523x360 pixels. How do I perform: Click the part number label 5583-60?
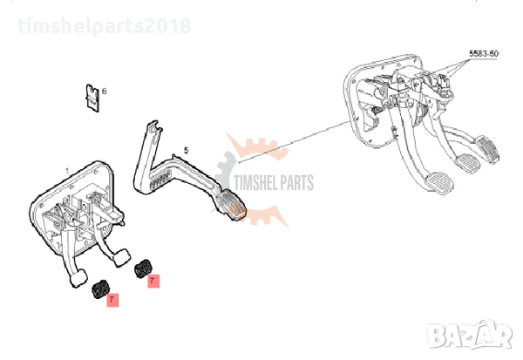point(484,53)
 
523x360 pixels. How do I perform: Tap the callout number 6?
point(105,91)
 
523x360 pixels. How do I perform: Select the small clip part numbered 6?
point(92,98)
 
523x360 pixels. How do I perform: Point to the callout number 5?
point(187,151)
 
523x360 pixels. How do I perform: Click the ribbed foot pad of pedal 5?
point(232,205)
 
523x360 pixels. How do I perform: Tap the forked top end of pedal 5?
point(153,128)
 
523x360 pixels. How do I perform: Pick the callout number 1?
point(67,172)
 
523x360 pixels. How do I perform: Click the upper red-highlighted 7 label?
point(153,282)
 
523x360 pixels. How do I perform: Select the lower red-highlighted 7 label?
point(112,300)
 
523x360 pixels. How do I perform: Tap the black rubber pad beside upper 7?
point(143,268)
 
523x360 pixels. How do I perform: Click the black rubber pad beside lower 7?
point(101,290)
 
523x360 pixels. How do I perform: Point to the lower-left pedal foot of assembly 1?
point(78,277)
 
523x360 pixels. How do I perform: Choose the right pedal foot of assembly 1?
point(119,258)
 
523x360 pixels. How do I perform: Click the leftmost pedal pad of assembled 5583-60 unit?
point(438,182)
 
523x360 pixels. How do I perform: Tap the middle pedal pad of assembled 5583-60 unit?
point(467,163)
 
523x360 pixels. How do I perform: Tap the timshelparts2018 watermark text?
point(105,25)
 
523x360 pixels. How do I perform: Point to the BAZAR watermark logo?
point(471,335)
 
